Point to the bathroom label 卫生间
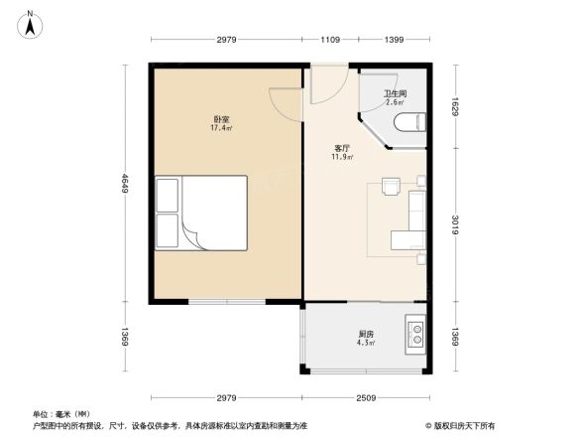395,93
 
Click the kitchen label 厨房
366,335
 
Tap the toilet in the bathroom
408,124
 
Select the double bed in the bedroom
200,213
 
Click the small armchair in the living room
390,187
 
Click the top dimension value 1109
330,40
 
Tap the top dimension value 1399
395,40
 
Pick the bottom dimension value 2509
366,399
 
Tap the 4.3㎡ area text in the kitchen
366,344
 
